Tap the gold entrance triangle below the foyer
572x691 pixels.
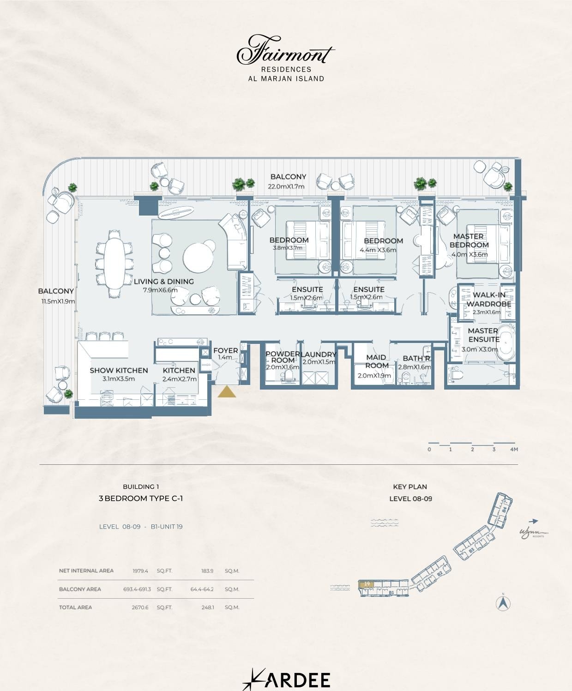tap(227, 392)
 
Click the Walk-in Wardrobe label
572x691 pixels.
tap(488, 299)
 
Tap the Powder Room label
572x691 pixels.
tap(282, 357)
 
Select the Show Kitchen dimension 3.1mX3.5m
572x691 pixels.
tap(119, 379)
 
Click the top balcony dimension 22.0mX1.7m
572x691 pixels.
tap(286, 186)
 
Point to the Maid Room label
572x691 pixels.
tap(376, 361)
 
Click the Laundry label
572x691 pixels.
tap(319, 354)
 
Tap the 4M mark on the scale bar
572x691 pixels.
tap(514, 449)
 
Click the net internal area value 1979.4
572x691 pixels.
tap(140, 571)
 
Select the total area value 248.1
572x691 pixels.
tap(207, 607)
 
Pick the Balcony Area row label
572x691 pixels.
tap(80, 589)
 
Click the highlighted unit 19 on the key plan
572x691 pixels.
tap(367, 584)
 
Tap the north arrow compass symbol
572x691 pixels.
tap(503, 603)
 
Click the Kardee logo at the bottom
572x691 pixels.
tap(286, 679)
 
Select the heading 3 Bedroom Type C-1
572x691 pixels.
tap(141, 499)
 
